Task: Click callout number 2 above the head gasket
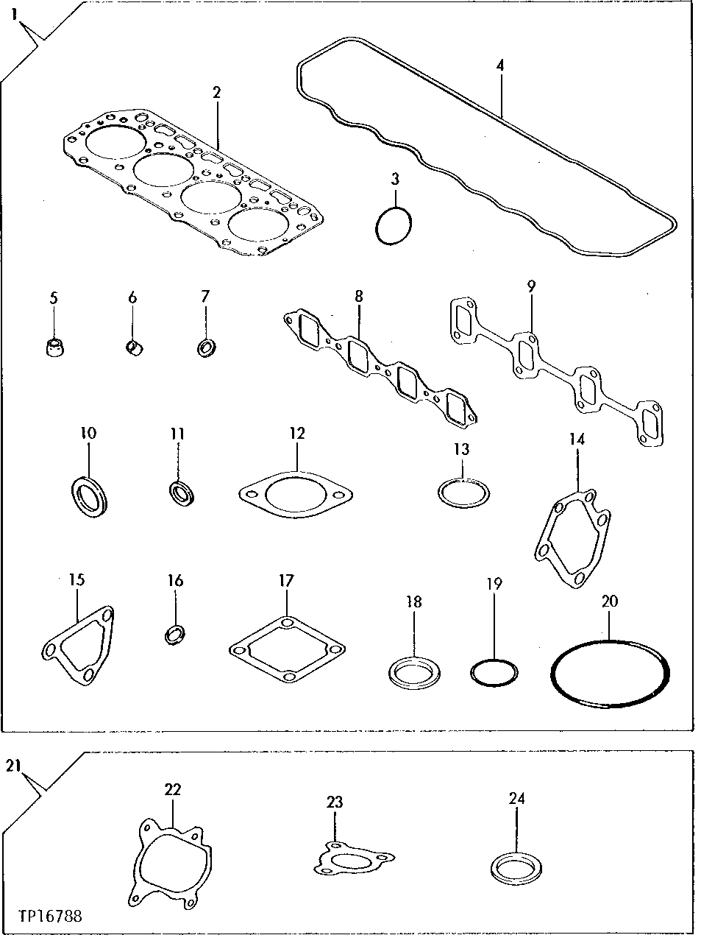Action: pos(216,92)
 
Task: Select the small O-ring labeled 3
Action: pos(394,225)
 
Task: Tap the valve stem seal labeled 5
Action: pos(54,347)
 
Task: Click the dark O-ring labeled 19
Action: pos(494,671)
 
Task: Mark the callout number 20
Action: pos(609,601)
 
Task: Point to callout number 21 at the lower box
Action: pos(11,766)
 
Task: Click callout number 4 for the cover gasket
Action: pos(500,65)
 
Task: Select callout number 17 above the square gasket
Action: pos(286,581)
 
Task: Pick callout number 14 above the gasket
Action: pos(577,440)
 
